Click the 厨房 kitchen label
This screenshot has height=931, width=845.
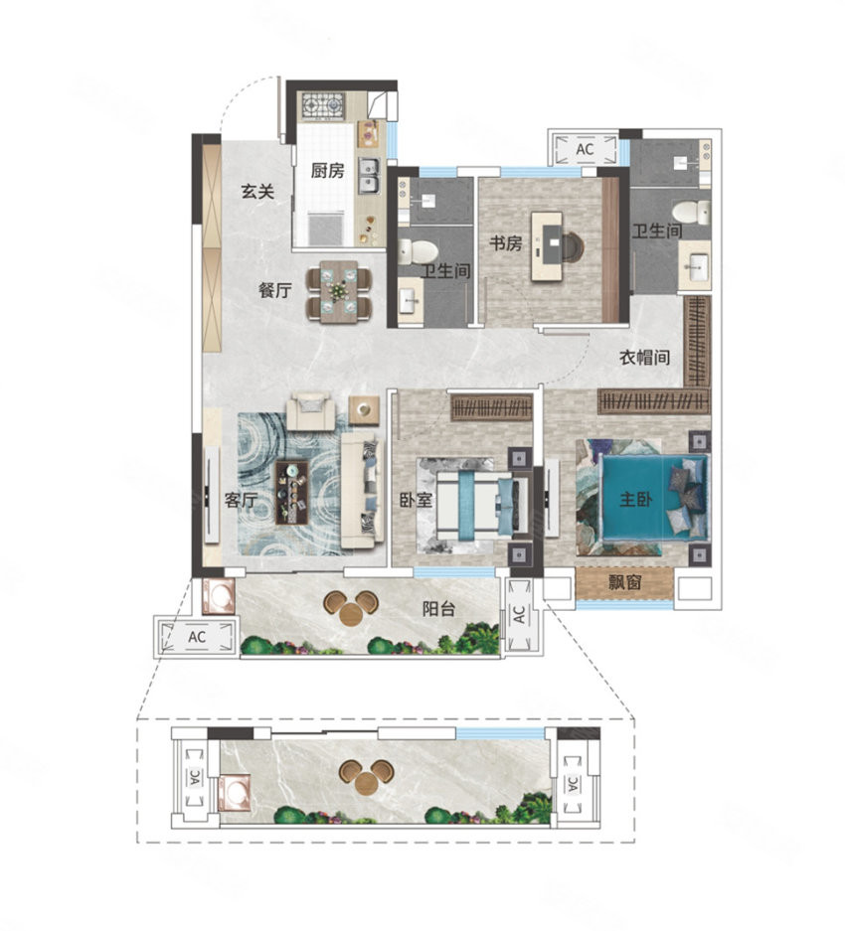tap(327, 171)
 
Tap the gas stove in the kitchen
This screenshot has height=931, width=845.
tap(323, 105)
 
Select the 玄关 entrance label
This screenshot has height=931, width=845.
tap(257, 192)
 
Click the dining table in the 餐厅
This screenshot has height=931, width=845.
tap(339, 291)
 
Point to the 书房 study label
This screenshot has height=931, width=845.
tap(506, 242)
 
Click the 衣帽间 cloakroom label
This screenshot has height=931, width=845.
tap(645, 358)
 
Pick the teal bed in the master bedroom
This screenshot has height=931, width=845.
tap(655, 498)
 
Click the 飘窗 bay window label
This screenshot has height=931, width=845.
tap(625, 582)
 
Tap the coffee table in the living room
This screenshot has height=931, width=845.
tap(292, 492)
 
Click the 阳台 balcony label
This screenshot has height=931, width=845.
tap(438, 609)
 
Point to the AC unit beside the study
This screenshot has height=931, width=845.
tap(585, 148)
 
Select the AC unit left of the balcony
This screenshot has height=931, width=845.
tap(197, 637)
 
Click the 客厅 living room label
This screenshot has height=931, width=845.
tap(241, 501)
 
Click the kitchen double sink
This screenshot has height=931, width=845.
tap(369, 176)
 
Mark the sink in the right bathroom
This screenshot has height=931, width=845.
tap(695, 267)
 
